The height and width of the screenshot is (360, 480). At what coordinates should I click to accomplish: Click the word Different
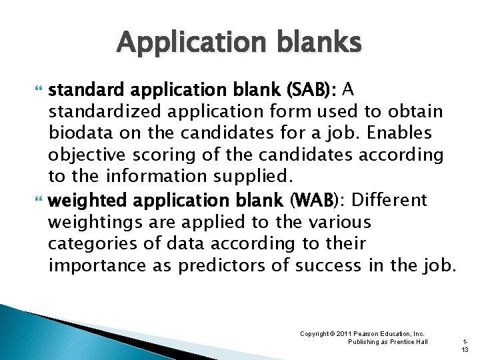click(x=388, y=200)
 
